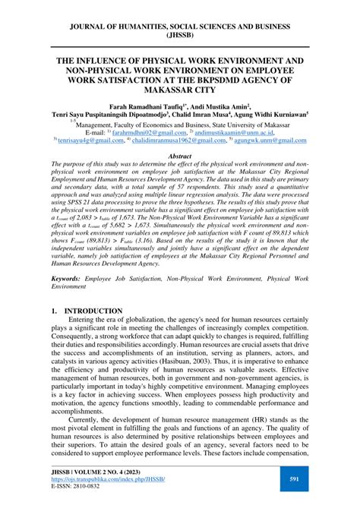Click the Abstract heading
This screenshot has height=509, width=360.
tap(179, 155)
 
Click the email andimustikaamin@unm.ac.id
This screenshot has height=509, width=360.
tap(261, 131)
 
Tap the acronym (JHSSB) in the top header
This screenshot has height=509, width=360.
tap(179, 35)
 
